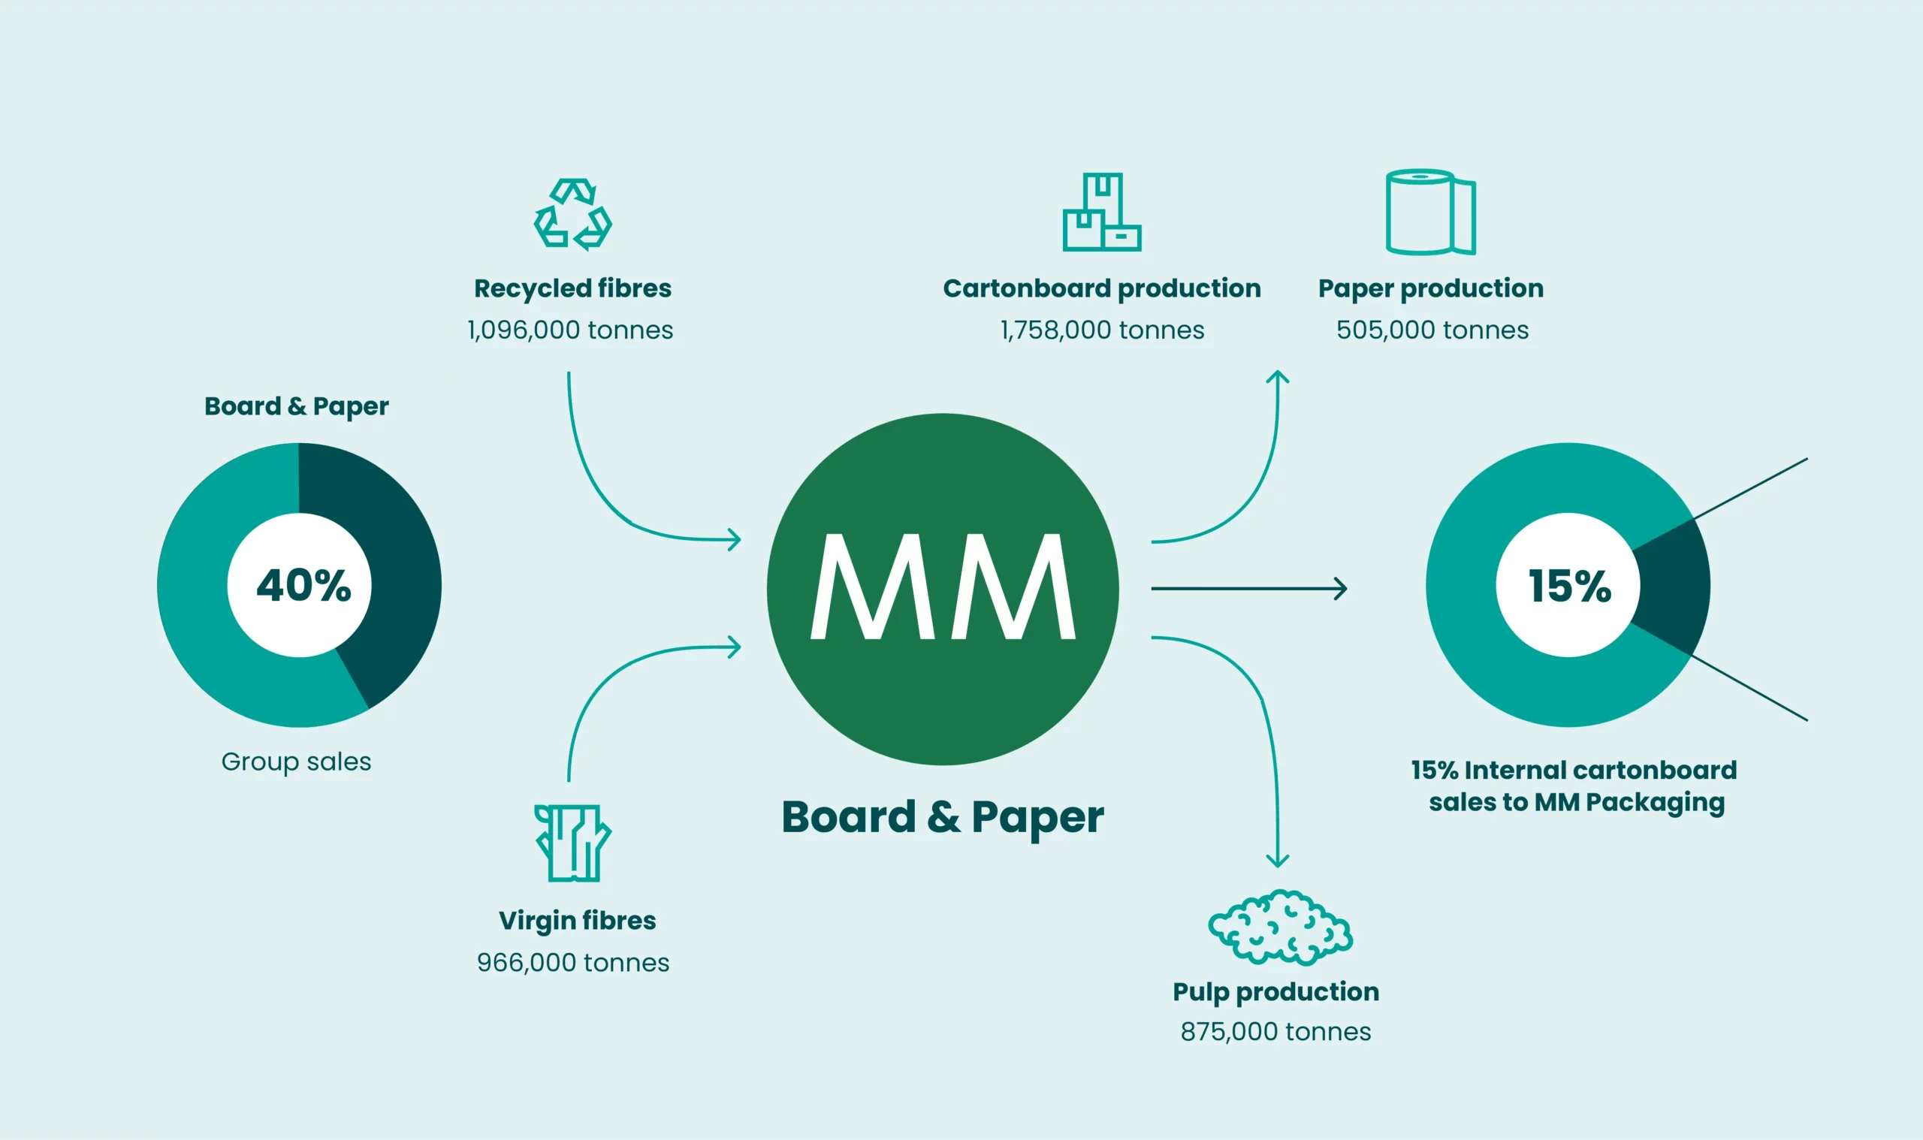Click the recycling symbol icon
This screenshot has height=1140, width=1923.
point(573,214)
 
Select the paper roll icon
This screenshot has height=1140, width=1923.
point(1430,212)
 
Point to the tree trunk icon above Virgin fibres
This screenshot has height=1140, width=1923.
point(573,843)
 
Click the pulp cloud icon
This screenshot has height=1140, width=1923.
point(1280,927)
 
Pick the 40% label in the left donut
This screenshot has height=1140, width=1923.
point(303,585)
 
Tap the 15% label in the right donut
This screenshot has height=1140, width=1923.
point(1569,585)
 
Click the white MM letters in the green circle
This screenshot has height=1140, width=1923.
point(943,586)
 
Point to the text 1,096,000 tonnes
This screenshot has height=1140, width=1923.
point(570,330)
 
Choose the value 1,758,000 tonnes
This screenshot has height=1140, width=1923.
point(1102,330)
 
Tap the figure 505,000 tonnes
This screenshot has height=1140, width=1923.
point(1432,330)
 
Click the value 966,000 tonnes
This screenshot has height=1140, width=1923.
point(573,963)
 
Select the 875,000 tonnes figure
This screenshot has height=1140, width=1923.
point(1275,1032)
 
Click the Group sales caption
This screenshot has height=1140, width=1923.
point(297,762)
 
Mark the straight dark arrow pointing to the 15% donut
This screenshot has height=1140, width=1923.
point(1248,589)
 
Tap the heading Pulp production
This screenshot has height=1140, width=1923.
point(1275,992)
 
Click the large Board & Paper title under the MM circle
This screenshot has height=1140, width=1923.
point(943,816)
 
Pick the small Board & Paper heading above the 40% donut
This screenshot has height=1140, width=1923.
point(297,406)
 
